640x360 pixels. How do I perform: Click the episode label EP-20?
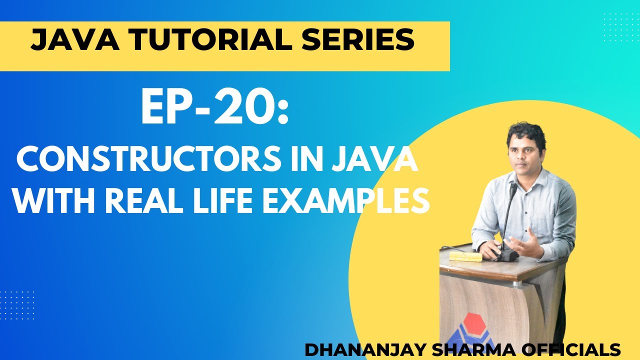point(214,109)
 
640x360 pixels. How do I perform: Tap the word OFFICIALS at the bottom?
point(569,349)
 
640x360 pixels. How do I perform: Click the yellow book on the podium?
point(465,256)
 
